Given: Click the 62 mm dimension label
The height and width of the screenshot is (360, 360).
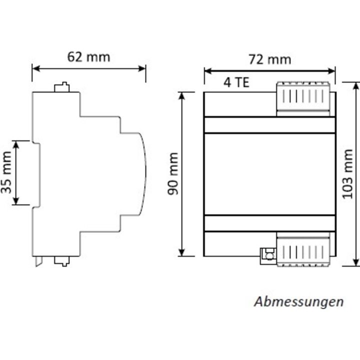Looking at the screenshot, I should pos(88,56).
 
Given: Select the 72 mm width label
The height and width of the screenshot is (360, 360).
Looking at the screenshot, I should pos(269,60).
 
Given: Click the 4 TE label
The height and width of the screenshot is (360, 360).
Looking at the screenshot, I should pos(236,83).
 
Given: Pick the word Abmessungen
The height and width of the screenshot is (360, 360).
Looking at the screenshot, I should pos(299,301).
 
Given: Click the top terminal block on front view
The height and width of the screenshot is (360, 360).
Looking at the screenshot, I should pos(304,97).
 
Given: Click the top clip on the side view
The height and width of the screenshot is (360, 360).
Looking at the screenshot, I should pos(61,87).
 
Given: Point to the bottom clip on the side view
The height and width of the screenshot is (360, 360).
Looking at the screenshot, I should pos(61,260).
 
